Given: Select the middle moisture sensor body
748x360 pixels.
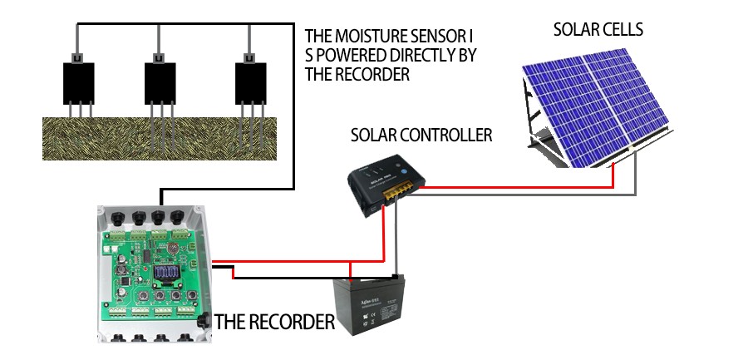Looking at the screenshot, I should pyautogui.click(x=160, y=81).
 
